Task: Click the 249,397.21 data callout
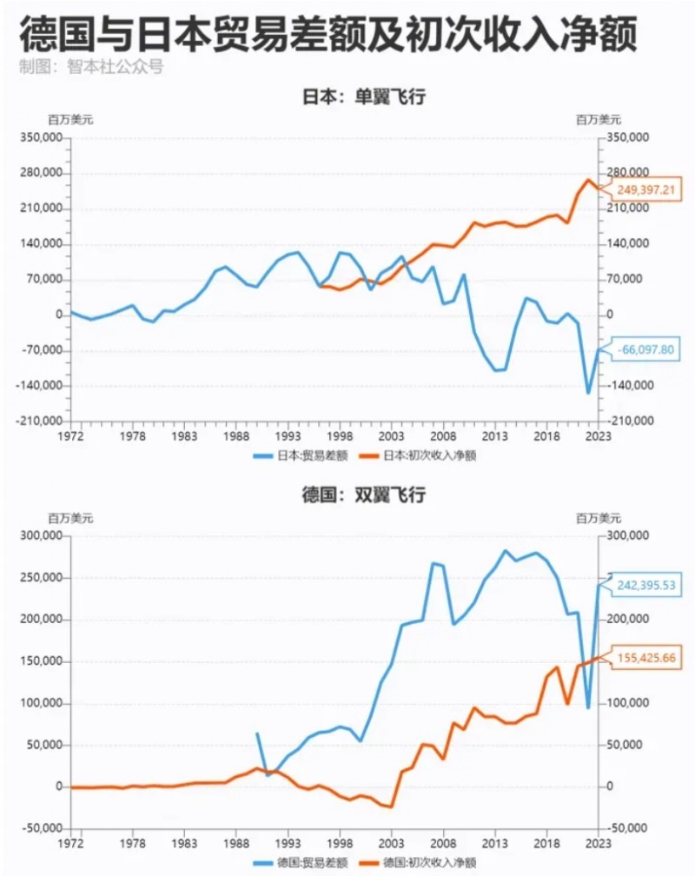(x=648, y=189)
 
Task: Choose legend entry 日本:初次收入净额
(x=425, y=454)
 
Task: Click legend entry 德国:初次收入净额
(x=425, y=862)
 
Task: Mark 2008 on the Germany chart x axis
(x=444, y=842)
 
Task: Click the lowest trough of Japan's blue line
(x=588, y=393)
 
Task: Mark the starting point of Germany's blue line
(x=257, y=733)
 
